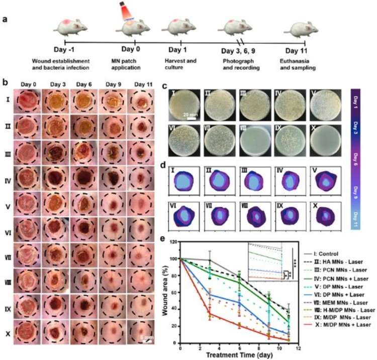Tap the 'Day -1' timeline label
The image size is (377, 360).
65,50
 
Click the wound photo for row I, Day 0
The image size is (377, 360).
26,102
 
